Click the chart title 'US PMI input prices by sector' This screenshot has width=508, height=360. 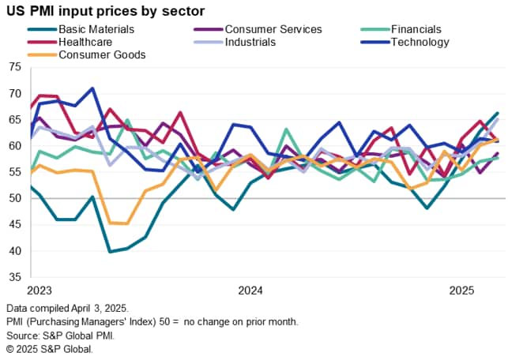pyautogui.click(x=104, y=11)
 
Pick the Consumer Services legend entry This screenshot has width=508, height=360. pyautogui.click(x=273, y=29)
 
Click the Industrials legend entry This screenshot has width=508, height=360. pyautogui.click(x=250, y=42)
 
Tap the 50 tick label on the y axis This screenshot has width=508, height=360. pyautogui.click(x=16, y=198)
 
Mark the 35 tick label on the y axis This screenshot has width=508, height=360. pyautogui.click(x=16, y=277)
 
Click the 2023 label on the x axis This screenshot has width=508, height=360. pyautogui.click(x=39, y=290)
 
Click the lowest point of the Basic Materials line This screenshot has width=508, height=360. pyautogui.click(x=111, y=252)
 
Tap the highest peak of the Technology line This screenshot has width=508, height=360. pyautogui.click(x=93, y=88)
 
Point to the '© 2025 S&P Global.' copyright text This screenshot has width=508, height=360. pyautogui.click(x=49, y=349)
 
